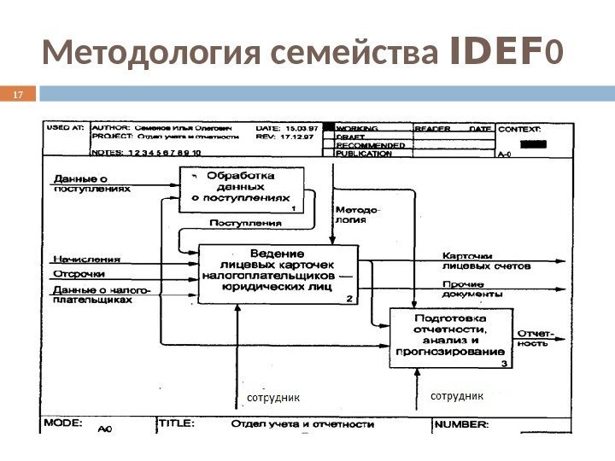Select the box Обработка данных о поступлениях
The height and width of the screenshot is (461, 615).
pyautogui.click(x=242, y=190)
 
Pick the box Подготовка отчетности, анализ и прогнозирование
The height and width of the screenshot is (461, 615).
pyautogui.click(x=449, y=338)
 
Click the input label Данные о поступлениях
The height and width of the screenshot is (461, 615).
pyautogui.click(x=91, y=184)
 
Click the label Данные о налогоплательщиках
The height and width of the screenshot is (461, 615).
pyautogui.click(x=101, y=295)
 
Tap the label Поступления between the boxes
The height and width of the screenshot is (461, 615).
pyautogui.click(x=246, y=224)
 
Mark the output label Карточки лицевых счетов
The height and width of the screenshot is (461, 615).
pyautogui.click(x=485, y=260)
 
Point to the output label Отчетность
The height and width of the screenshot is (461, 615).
pyautogui.click(x=534, y=338)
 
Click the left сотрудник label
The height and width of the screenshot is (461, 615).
pyautogui.click(x=273, y=397)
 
